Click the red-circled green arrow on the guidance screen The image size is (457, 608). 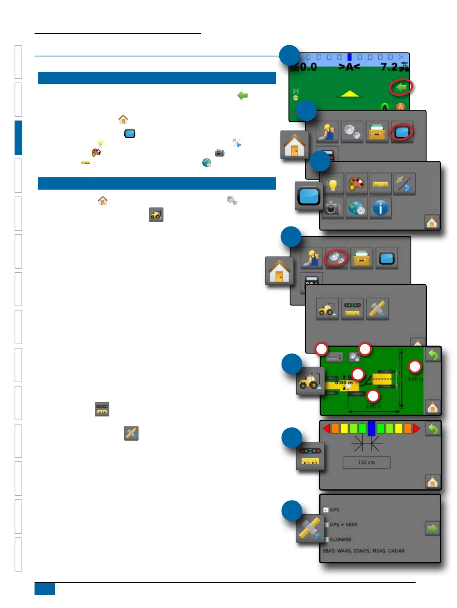pyautogui.click(x=401, y=88)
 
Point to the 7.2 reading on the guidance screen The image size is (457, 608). pyautogui.click(x=389, y=67)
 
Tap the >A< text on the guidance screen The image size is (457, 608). pyautogui.click(x=349, y=67)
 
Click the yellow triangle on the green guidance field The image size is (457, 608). pyautogui.click(x=350, y=93)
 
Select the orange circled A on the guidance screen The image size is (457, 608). pyautogui.click(x=400, y=107)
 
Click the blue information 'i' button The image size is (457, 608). pyautogui.click(x=380, y=208)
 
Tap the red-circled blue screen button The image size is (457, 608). pyautogui.click(x=401, y=132)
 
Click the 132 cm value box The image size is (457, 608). pyautogui.click(x=366, y=463)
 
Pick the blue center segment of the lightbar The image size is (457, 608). pyautogui.click(x=371, y=428)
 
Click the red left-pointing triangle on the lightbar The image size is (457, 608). pyautogui.click(x=327, y=428)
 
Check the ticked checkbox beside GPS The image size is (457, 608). pyautogui.click(x=326, y=510)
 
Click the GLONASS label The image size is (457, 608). pyautogui.click(x=340, y=539)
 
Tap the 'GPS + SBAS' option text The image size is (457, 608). pyautogui.click(x=343, y=524)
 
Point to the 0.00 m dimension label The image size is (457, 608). pyautogui.click(x=343, y=383)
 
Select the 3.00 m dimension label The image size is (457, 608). pyautogui.click(x=415, y=379)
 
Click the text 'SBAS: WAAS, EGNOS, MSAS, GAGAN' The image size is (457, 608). pyautogui.click(x=363, y=551)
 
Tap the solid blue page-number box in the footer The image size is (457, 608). pyautogui.click(x=45, y=589)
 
